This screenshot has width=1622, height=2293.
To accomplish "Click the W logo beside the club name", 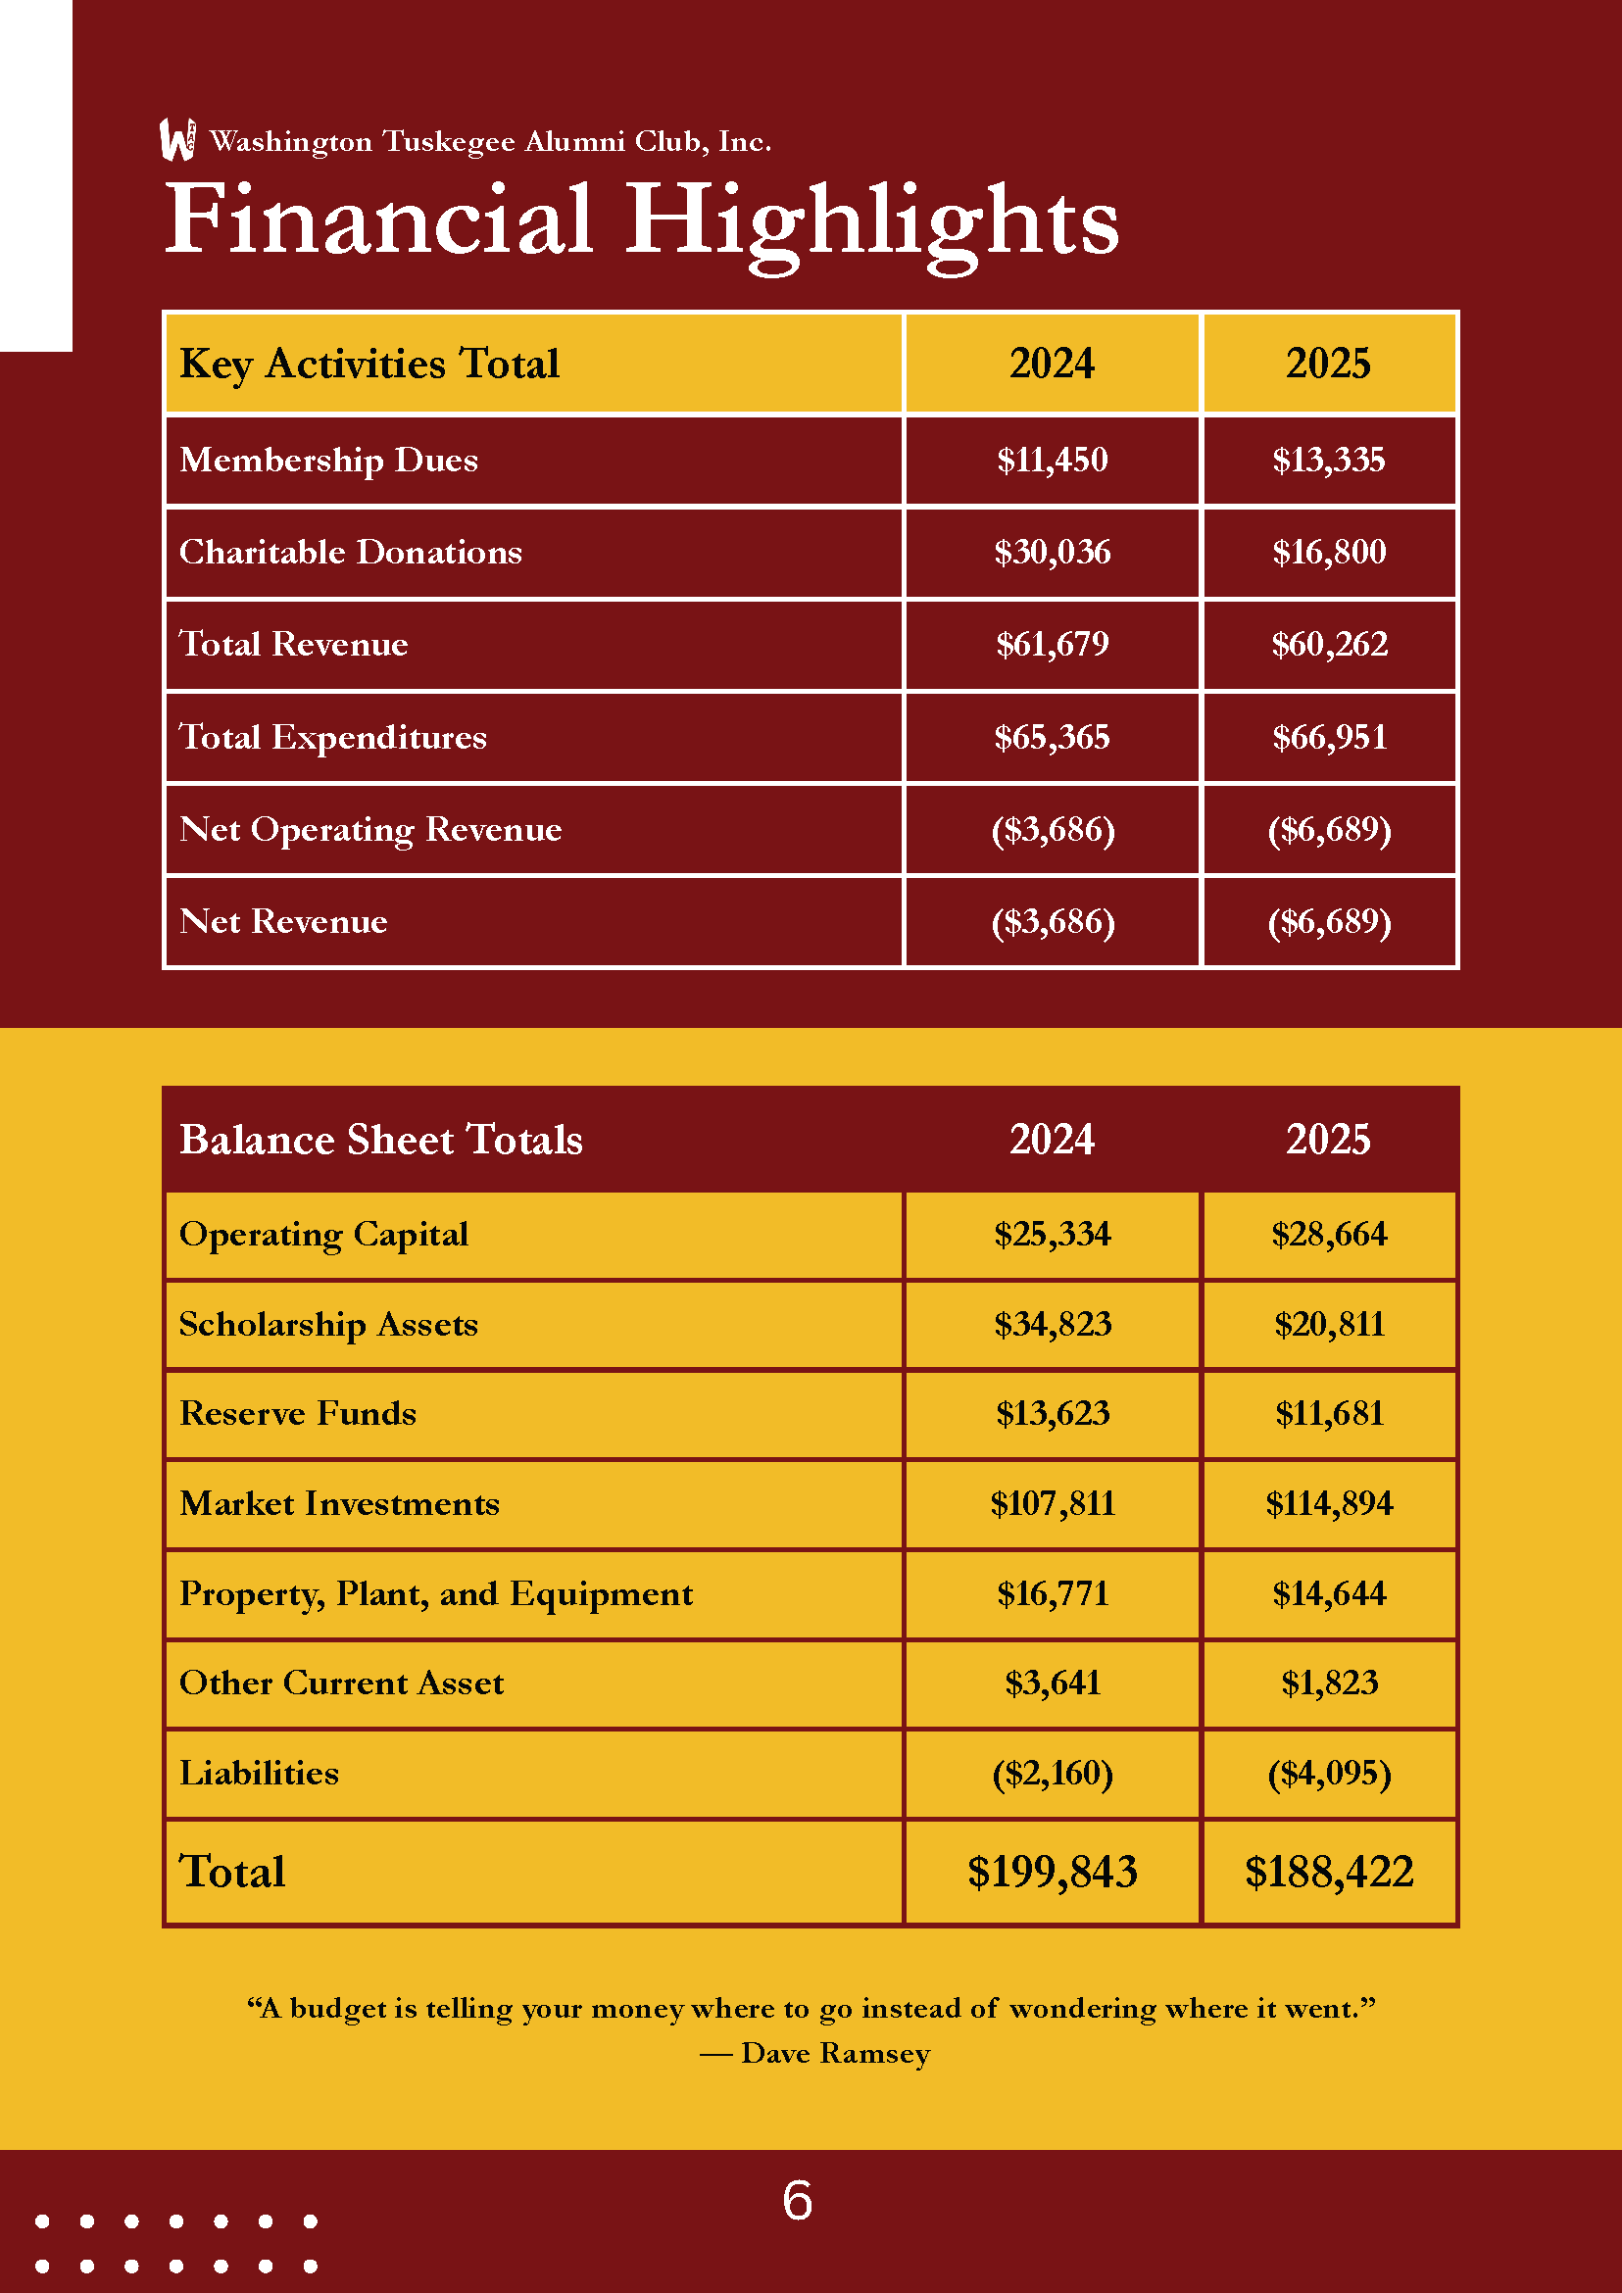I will click(x=177, y=140).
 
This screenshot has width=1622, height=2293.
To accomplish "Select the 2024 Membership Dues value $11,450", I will click(x=1052, y=460).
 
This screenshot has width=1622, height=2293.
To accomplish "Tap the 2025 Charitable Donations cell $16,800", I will click(x=1328, y=552).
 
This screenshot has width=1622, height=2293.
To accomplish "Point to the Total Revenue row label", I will click(x=294, y=644).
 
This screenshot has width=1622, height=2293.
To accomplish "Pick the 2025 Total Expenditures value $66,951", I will click(x=1328, y=737).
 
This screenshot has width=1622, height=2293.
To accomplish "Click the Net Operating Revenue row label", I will click(x=370, y=829).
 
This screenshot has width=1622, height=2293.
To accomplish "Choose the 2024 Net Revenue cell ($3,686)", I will click(x=1052, y=921).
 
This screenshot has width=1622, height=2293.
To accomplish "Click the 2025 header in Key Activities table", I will click(x=1327, y=364).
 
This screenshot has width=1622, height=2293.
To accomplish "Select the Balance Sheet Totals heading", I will click(x=380, y=1140).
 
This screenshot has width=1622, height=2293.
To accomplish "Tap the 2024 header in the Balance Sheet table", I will click(x=1052, y=1140).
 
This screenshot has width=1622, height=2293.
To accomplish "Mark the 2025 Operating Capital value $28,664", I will click(x=1328, y=1235).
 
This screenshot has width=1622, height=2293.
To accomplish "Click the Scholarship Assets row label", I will click(x=328, y=1324).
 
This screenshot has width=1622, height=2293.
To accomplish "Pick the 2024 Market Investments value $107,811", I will click(x=1052, y=1503).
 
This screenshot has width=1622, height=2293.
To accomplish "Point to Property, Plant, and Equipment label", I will click(x=435, y=1593).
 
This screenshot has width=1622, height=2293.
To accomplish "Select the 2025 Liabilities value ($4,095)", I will click(x=1328, y=1773).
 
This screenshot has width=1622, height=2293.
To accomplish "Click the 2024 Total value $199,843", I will click(x=1052, y=1872).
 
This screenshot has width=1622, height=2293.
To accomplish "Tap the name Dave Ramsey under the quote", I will click(x=835, y=2053).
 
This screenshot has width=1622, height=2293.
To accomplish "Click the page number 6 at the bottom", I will click(x=797, y=2201).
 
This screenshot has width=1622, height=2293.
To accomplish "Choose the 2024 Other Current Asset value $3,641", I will click(x=1052, y=1683).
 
